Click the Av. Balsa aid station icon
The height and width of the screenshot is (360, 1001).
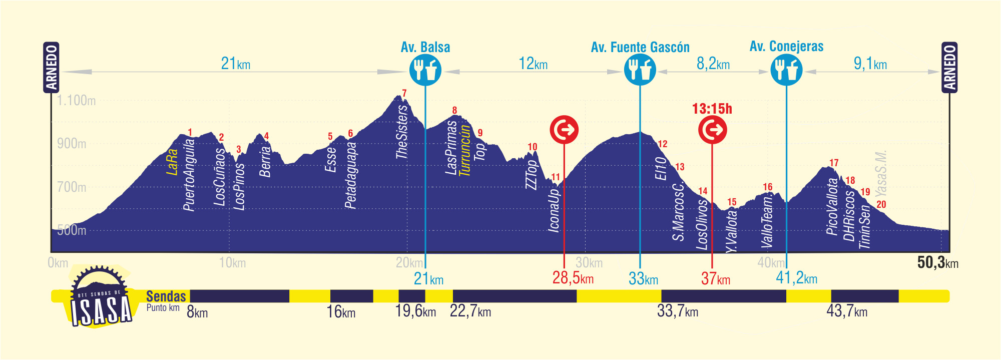click(425, 70)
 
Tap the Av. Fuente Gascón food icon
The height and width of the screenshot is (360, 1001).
click(640, 70)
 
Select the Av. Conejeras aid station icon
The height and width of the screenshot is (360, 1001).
click(786, 70)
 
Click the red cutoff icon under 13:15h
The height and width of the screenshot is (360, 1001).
click(712, 130)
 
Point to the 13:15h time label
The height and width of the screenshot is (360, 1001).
click(712, 109)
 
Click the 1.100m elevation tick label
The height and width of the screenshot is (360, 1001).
click(76, 101)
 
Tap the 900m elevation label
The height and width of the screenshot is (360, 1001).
click(72, 144)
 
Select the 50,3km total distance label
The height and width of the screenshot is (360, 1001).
click(937, 262)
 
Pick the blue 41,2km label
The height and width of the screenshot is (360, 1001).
click(796, 278)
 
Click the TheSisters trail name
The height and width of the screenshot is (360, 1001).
click(402, 132)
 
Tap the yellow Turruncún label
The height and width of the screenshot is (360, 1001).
click(465, 150)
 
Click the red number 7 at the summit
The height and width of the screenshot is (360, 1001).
click(404, 93)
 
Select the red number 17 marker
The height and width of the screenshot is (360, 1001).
click(834, 163)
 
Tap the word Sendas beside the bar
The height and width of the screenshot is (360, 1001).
click(166, 296)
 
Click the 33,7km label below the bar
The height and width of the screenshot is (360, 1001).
click(677, 311)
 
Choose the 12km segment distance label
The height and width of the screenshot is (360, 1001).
click(533, 64)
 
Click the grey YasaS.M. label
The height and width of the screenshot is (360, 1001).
click(881, 173)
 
